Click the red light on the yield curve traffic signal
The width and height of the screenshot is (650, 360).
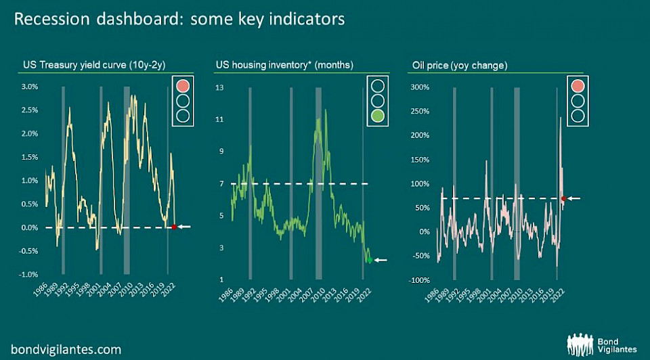click(183, 86)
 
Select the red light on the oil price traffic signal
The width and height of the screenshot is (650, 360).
click(577, 86)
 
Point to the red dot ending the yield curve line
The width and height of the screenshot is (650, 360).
click(174, 227)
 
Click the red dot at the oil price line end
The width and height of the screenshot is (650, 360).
click(563, 198)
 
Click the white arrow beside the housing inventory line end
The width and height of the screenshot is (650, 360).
click(381, 260)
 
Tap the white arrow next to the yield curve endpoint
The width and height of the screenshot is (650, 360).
click(185, 227)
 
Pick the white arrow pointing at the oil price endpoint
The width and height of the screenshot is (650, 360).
click(574, 198)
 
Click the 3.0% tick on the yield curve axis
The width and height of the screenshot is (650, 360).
click(29, 87)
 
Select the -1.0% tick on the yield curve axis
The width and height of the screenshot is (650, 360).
click(28, 274)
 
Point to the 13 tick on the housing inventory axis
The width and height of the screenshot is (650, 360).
click(219, 87)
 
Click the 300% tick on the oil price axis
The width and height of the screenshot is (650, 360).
click(420, 87)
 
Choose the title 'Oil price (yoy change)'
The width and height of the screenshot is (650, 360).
click(460, 66)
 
